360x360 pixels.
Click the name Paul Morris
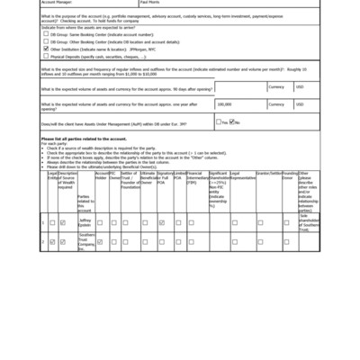(150, 3)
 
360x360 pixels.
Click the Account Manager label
(56, 3)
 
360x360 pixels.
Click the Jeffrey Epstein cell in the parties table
(85, 220)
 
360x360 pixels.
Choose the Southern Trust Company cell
(85, 240)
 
